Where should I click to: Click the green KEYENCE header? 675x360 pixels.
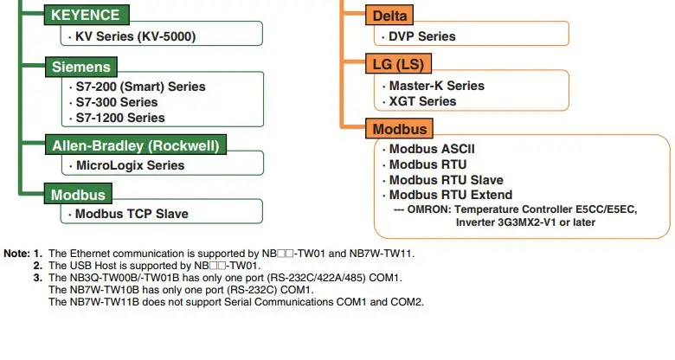click(x=87, y=15)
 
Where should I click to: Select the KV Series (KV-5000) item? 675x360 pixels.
click(x=135, y=36)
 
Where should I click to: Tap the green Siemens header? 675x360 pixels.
click(x=80, y=66)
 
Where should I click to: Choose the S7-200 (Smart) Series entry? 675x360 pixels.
click(x=141, y=87)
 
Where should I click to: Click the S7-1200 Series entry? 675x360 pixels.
click(x=120, y=118)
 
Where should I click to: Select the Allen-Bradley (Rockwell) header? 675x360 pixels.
click(x=136, y=145)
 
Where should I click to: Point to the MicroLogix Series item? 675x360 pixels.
click(x=131, y=165)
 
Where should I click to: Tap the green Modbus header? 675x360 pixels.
click(x=78, y=194)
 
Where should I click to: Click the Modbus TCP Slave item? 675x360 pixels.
click(x=132, y=214)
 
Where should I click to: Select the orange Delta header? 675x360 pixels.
click(x=390, y=15)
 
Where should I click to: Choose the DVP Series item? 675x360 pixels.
click(x=422, y=36)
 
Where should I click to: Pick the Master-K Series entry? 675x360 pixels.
click(x=437, y=86)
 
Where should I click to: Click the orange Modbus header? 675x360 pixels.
click(x=400, y=129)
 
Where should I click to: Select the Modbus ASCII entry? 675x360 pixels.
click(x=432, y=149)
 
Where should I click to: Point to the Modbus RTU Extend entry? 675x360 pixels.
click(x=451, y=195)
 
